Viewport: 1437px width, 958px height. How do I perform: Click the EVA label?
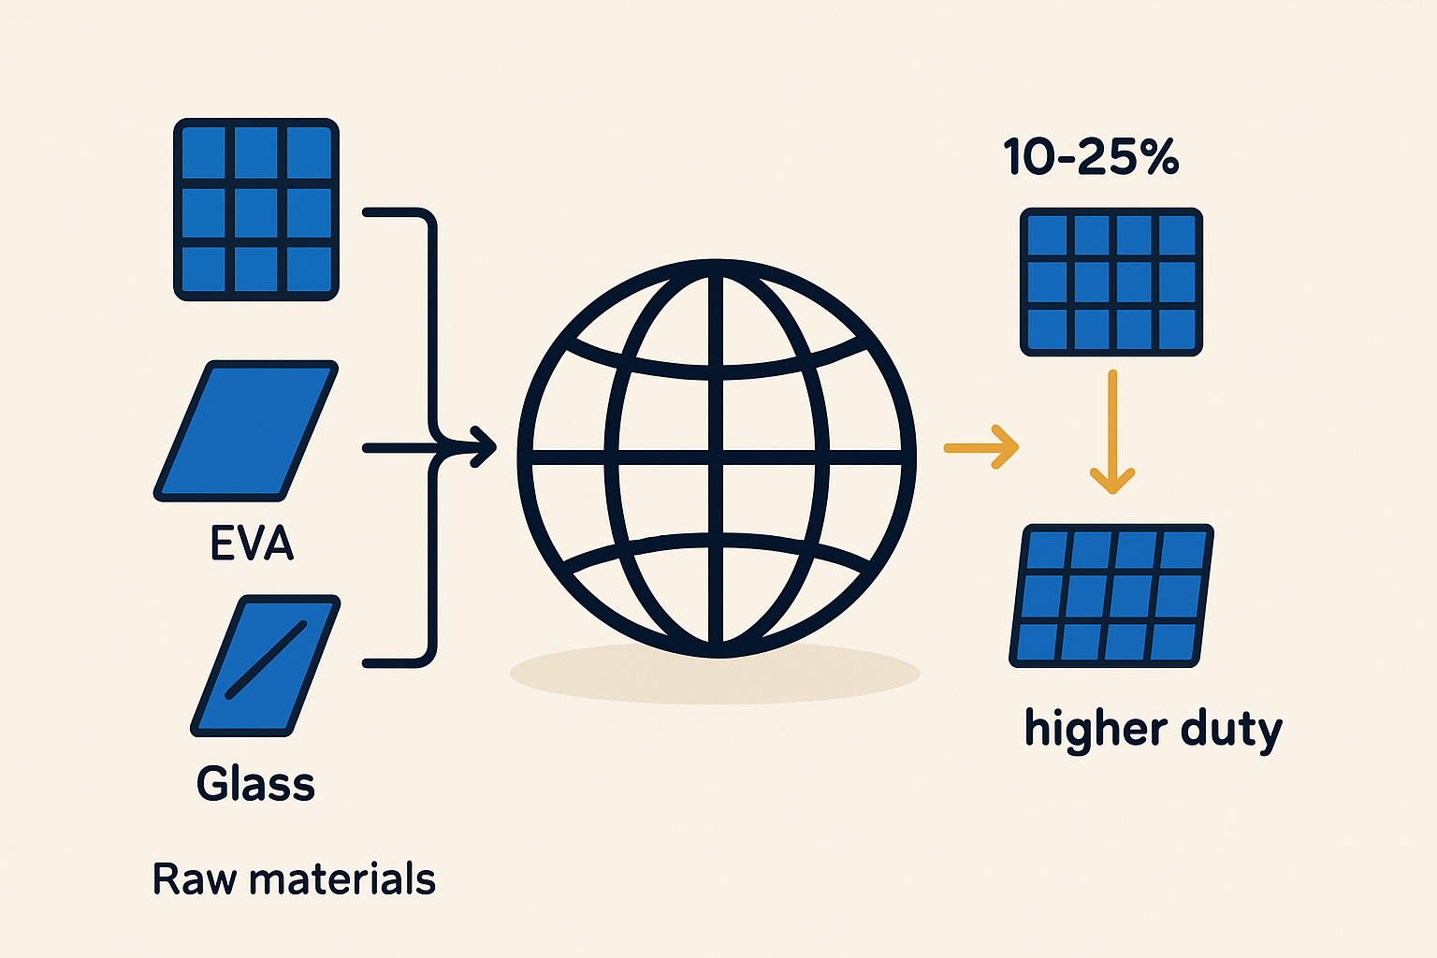[252, 543]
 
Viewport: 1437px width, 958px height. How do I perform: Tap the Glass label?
[255, 783]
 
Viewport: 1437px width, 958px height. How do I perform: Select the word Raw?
[195, 878]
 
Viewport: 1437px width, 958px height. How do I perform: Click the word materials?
[342, 878]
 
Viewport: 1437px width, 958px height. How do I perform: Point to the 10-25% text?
[1091, 156]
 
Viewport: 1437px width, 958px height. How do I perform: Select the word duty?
[1231, 731]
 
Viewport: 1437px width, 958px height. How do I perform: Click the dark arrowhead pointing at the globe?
[485, 446]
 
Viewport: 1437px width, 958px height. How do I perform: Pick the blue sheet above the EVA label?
[246, 430]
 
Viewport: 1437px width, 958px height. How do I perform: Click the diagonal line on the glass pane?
[267, 659]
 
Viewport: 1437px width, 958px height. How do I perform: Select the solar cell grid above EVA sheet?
[256, 210]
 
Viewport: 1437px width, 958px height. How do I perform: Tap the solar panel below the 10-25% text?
[1111, 282]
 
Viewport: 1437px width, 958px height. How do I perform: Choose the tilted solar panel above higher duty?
[1111, 595]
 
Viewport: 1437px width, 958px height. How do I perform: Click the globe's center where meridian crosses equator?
[716, 457]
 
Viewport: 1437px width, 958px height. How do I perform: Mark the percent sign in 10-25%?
[1158, 156]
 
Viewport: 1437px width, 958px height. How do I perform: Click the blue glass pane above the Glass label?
[266, 665]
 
